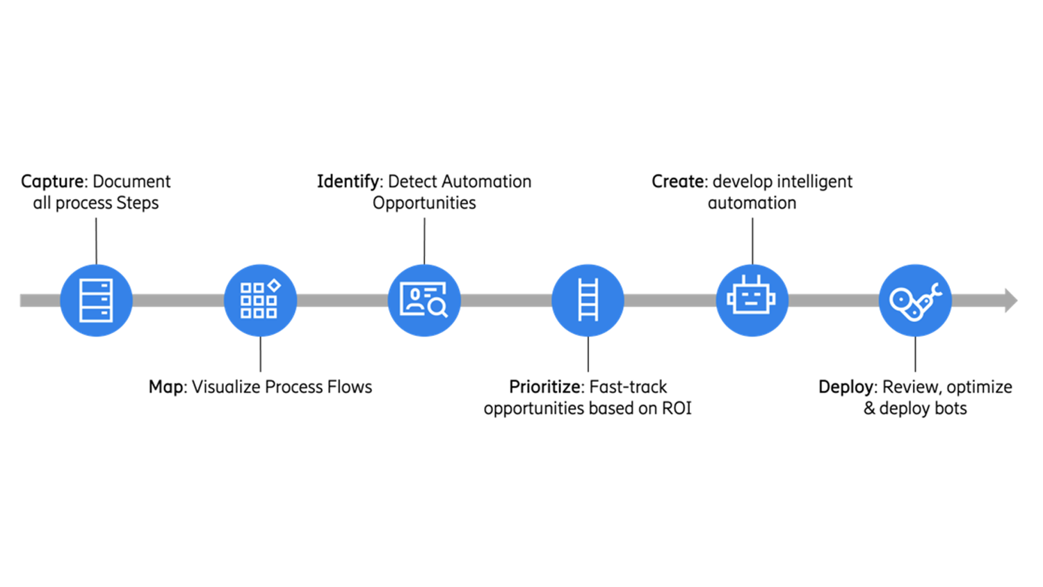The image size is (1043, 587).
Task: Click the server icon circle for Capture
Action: pyautogui.click(x=96, y=300)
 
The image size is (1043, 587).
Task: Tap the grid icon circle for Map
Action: pyautogui.click(x=260, y=300)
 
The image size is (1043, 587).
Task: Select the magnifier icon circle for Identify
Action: pyautogui.click(x=424, y=300)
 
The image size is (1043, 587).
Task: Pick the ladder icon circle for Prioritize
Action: pyautogui.click(x=588, y=300)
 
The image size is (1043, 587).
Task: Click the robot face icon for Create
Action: pyautogui.click(x=752, y=300)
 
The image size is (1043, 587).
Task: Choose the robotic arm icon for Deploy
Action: pyautogui.click(x=915, y=300)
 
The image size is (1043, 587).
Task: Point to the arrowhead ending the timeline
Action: pyautogui.click(x=1011, y=300)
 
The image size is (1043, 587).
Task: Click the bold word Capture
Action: pyautogui.click(x=52, y=182)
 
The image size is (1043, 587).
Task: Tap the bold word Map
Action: pyautogui.click(x=166, y=387)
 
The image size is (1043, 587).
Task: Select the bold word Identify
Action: pyautogui.click(x=348, y=182)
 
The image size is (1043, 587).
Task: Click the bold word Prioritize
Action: pyautogui.click(x=546, y=387)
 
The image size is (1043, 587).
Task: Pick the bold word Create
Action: pyautogui.click(x=678, y=182)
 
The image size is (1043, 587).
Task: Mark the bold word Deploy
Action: pyautogui.click(x=846, y=387)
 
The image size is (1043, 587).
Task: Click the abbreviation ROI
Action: pyautogui.click(x=677, y=408)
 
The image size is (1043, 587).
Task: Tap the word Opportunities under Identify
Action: pyautogui.click(x=424, y=203)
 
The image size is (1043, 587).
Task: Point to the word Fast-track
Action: pyautogui.click(x=629, y=387)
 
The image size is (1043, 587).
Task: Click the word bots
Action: pyautogui.click(x=951, y=408)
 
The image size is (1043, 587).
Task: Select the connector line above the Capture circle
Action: pyautogui.click(x=96, y=241)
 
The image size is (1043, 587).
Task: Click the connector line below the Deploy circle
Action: pyautogui.click(x=915, y=354)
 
